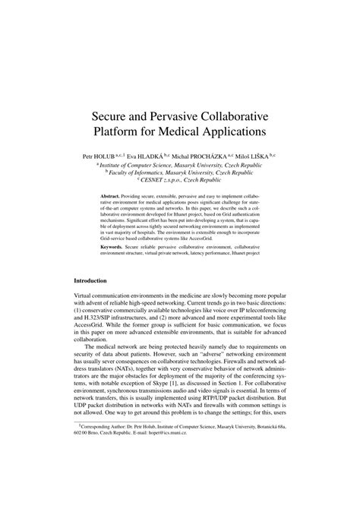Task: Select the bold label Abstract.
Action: pos(112,195)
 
